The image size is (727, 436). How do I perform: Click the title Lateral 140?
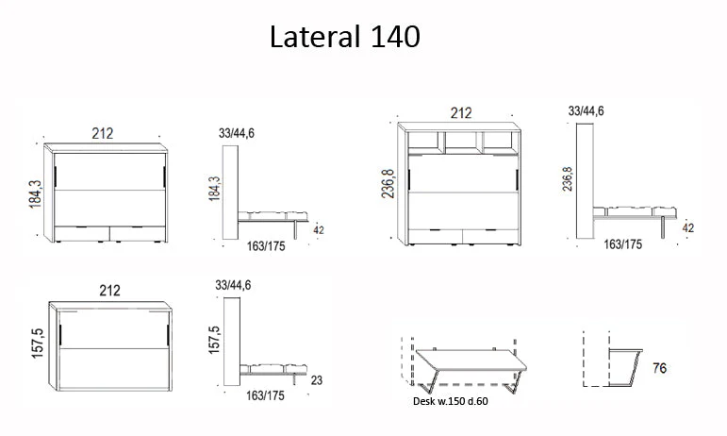click(x=345, y=37)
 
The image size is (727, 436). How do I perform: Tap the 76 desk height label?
click(x=659, y=368)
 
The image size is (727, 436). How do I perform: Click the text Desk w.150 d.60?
click(x=450, y=401)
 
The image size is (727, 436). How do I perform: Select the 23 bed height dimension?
click(x=316, y=380)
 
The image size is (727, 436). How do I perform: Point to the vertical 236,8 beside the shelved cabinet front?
click(x=388, y=184)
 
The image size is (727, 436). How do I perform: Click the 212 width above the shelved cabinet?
click(x=461, y=113)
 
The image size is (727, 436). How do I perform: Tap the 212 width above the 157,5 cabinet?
click(x=109, y=291)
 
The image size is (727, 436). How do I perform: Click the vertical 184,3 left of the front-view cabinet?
click(x=35, y=193)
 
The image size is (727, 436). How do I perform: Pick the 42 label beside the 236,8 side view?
click(x=688, y=228)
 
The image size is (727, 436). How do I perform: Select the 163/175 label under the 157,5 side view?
click(x=265, y=395)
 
